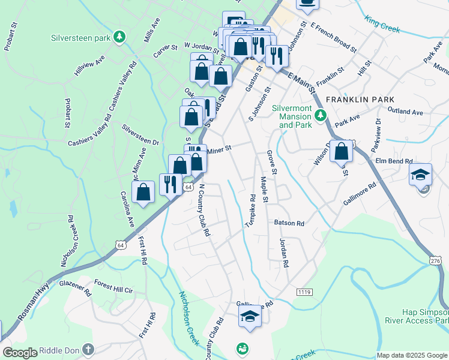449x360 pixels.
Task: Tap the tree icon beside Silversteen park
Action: [121, 37]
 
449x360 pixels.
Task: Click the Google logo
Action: [20, 353]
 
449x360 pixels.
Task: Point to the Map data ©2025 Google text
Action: [412, 355]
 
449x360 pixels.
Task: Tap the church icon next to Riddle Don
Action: [88, 349]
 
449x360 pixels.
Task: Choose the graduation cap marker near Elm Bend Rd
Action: [420, 175]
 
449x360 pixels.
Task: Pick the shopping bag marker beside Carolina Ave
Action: [143, 193]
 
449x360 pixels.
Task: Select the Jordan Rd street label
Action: [284, 254]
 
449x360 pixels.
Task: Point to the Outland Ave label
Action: [405, 112]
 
